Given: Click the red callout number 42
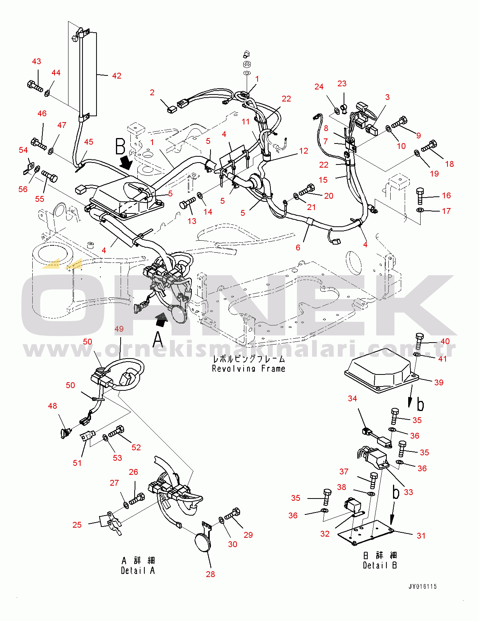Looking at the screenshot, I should pos(117,76).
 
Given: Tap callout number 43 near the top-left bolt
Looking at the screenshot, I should pos(37,61).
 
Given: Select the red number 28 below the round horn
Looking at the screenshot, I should pos(210,574).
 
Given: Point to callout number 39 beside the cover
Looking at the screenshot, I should pos(439,382).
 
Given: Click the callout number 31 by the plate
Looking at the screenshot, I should pos(421,535).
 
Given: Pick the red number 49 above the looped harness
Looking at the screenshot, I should pos(119,329).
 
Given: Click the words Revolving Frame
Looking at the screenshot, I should pos(248,368).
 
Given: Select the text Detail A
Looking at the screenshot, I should pos(138,570).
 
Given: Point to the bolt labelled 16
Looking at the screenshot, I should pos(420,196).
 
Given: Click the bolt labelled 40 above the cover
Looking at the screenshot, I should pos(419,341).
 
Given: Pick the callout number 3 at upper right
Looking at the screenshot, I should pos(387,97).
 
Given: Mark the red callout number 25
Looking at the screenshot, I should pos(77,525).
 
